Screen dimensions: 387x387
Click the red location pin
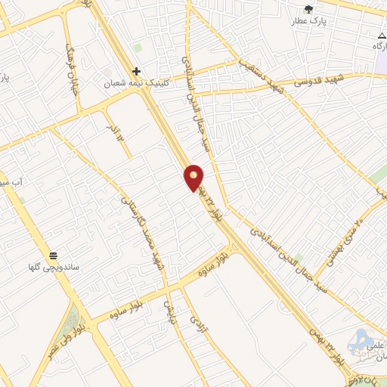tap(194, 177)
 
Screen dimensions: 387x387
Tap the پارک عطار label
tap(308, 21)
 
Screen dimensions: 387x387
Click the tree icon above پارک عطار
tap(308, 8)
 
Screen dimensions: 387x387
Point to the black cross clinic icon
tap(136, 70)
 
